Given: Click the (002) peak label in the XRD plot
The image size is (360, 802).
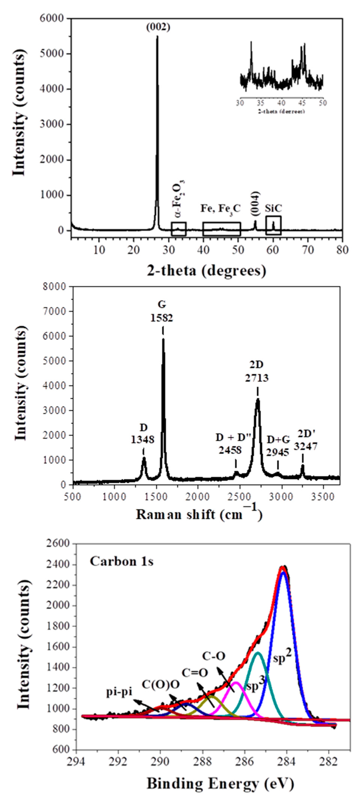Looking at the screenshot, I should coord(158,27).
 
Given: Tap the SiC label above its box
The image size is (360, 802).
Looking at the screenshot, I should coord(273,209).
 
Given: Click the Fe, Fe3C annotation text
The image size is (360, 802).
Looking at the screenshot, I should coord(220,208).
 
